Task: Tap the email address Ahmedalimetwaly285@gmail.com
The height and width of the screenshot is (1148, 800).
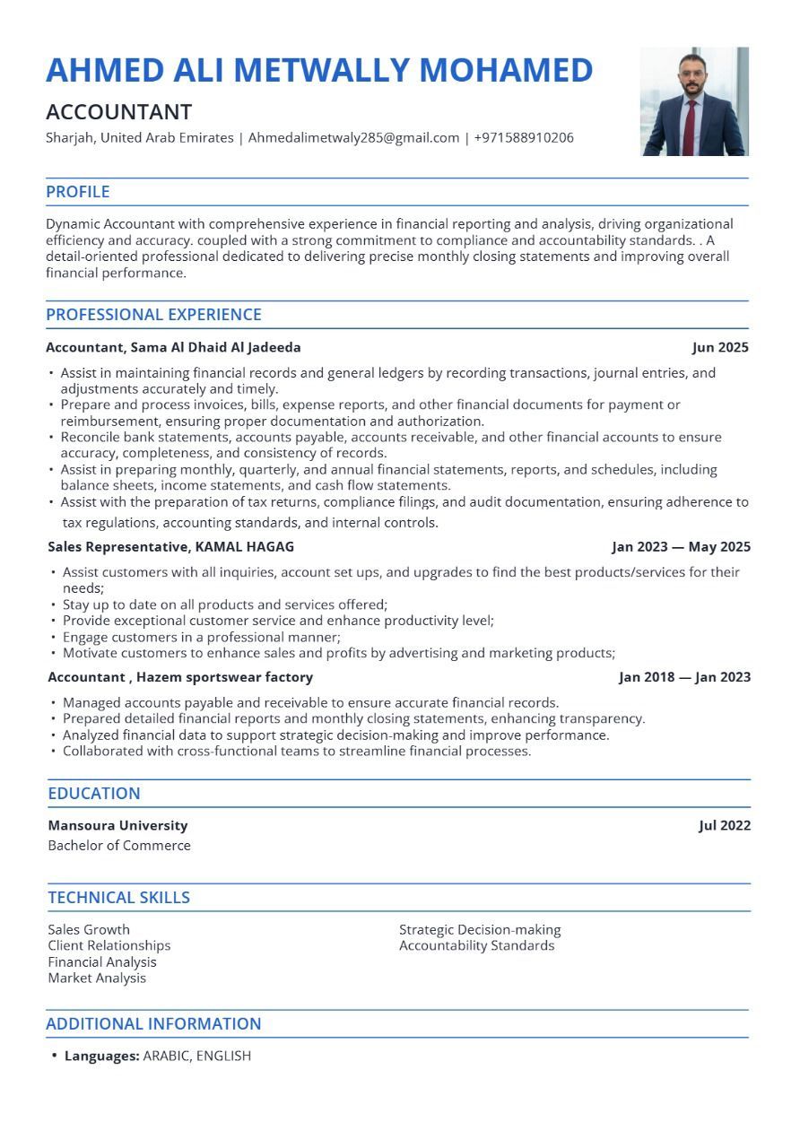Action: (353, 138)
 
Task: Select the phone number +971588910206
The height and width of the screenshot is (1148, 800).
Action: (524, 138)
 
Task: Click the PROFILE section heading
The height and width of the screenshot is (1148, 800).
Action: (78, 192)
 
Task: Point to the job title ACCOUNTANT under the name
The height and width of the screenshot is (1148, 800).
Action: (119, 112)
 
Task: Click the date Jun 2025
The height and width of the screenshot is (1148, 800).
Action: (720, 347)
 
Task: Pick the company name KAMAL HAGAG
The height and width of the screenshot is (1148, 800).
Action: (245, 546)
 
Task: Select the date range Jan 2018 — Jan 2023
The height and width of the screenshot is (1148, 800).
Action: (684, 677)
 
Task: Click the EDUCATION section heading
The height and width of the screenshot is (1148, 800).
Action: (94, 794)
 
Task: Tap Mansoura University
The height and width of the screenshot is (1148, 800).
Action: (117, 825)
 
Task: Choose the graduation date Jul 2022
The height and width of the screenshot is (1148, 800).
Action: (725, 825)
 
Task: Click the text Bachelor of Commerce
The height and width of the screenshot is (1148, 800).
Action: (119, 845)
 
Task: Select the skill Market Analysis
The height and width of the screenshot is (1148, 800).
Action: (97, 978)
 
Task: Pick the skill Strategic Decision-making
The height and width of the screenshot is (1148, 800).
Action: (480, 929)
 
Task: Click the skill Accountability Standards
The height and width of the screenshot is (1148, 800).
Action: (476, 945)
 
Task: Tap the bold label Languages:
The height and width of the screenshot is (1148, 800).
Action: (102, 1056)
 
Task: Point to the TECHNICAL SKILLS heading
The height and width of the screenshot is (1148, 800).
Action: (118, 898)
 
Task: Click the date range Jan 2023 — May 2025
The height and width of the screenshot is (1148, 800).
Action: (682, 546)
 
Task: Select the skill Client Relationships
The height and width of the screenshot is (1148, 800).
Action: (109, 945)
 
